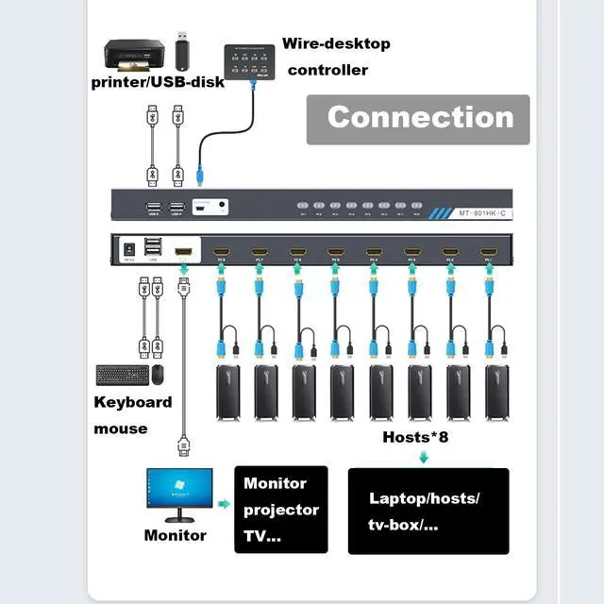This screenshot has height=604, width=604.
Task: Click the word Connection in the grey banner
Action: coord(420,117)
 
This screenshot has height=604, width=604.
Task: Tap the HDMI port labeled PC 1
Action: coord(488,252)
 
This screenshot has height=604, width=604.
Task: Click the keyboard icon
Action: coord(122,375)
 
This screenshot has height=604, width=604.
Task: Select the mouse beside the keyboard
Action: coord(157,374)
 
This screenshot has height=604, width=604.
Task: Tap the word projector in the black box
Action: coord(281,510)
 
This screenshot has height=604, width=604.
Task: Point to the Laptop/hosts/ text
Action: coord(424,498)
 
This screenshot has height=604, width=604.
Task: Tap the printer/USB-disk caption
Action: coord(158,82)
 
